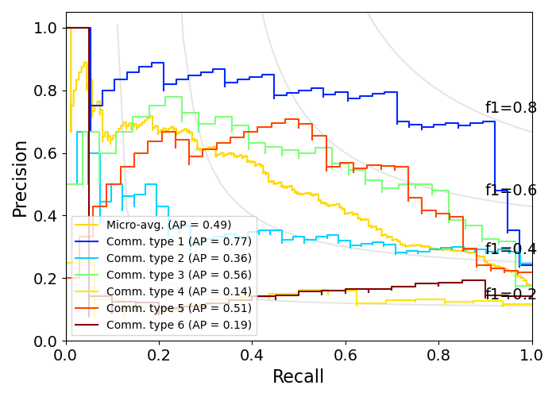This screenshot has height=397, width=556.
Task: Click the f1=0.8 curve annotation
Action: pos(511,108)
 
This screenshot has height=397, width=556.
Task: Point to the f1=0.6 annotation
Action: pos(511,191)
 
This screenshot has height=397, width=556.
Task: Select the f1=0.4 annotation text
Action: pos(511,249)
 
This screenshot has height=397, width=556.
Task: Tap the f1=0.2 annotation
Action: pos(511,295)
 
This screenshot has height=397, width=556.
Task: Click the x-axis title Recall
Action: pos(298,377)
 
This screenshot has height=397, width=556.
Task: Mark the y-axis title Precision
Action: pos(20,179)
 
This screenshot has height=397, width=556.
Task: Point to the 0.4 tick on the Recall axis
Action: pos(252,353)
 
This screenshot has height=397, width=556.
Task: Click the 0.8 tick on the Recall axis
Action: pos(438,353)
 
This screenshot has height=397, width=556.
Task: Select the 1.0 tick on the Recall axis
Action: pos(531,353)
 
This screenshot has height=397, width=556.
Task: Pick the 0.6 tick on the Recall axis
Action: pos(346,353)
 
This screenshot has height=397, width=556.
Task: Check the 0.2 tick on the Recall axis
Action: pos(159,353)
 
